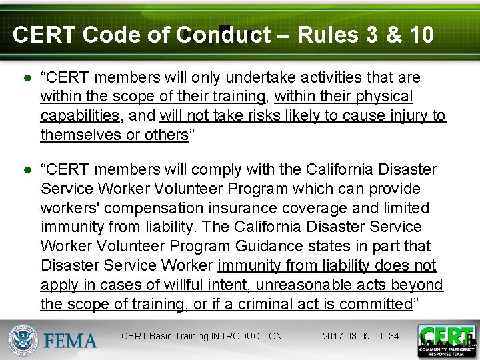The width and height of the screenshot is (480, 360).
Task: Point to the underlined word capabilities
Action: [80, 116]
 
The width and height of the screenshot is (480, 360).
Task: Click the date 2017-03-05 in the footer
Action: [347, 336]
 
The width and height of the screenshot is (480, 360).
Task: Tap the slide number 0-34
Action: [389, 336]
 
